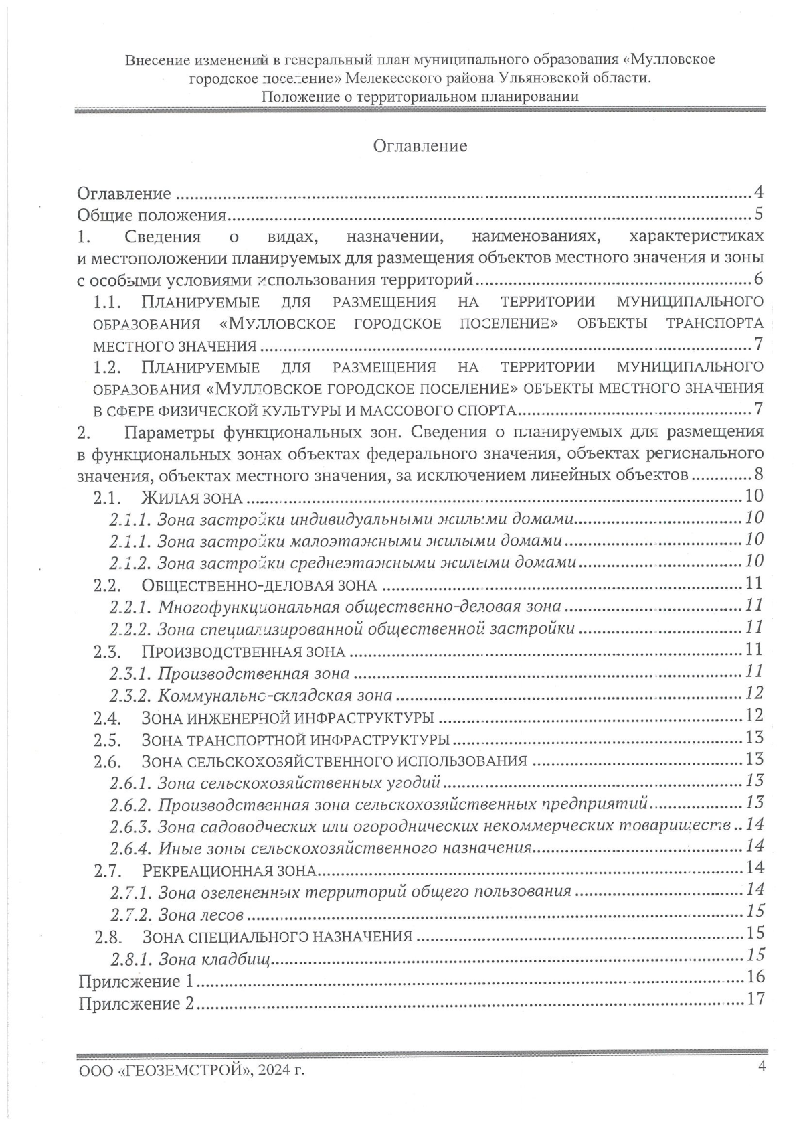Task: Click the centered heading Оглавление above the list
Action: (x=420, y=146)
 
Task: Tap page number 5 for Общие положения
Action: (x=758, y=214)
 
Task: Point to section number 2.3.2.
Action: (x=131, y=695)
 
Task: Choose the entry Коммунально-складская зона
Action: (x=275, y=695)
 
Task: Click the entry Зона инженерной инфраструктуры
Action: (x=288, y=718)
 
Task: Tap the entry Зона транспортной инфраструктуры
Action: (x=295, y=740)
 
